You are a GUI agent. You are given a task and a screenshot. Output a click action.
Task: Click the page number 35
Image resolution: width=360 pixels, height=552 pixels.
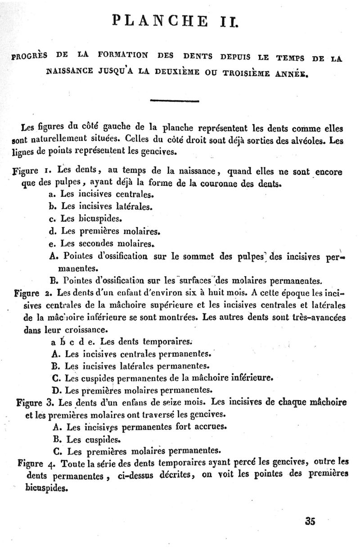(x=310, y=521)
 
